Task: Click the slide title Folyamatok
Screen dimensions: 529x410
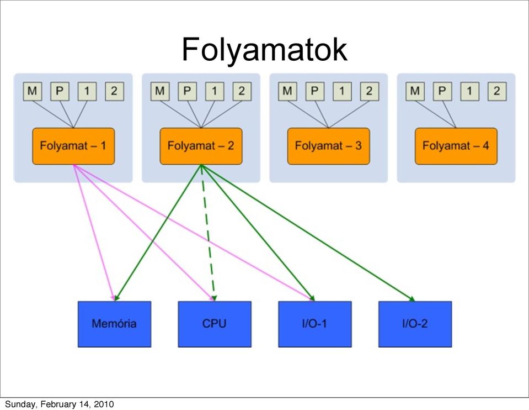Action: pos(265,50)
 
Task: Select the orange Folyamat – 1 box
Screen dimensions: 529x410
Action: pos(73,146)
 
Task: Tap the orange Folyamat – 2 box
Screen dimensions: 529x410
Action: pos(201,146)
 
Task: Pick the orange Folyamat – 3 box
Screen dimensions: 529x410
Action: pos(329,146)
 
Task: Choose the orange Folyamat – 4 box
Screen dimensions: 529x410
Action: pos(456,146)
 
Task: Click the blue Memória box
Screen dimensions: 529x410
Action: pos(114,324)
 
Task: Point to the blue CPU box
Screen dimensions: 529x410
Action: pos(215,324)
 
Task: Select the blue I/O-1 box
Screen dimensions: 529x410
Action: pos(315,324)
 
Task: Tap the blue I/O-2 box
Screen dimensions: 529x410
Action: pos(415,324)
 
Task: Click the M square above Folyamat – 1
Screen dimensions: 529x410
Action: pos(33,91)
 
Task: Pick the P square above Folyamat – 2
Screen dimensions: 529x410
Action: pos(187,91)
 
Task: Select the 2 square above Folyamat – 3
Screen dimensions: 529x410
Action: pos(370,91)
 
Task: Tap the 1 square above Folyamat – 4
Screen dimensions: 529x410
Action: pos(469,91)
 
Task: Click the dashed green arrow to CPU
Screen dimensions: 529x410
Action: pos(208,233)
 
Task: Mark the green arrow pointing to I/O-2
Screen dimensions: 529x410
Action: pos(308,233)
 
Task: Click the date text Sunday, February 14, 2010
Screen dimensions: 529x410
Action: pos(60,404)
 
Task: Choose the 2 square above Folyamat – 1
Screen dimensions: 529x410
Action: pos(114,91)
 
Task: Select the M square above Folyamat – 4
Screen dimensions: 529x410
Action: pos(415,91)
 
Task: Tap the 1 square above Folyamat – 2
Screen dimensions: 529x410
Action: pos(215,91)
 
